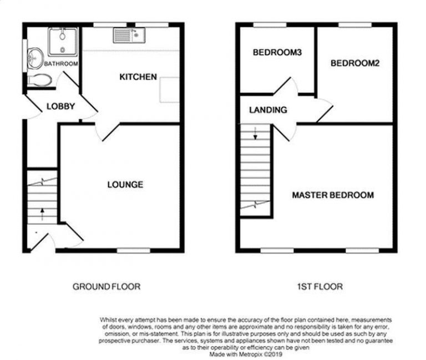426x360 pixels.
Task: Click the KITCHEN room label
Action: [x=138, y=77]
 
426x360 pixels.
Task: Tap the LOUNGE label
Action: [x=125, y=184]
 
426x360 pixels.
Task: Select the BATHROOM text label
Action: [x=61, y=64]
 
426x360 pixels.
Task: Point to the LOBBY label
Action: [x=60, y=106]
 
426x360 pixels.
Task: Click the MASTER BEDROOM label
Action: [x=333, y=195]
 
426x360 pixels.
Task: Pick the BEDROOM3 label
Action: [x=277, y=53]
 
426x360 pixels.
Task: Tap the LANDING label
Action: [x=268, y=110]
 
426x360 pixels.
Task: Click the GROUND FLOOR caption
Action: [x=106, y=286]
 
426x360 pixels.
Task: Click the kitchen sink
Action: [x=129, y=36]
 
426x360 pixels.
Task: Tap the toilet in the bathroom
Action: [x=40, y=80]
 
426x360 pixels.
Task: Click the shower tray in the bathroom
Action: [x=62, y=42]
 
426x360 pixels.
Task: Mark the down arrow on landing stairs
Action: [x=256, y=133]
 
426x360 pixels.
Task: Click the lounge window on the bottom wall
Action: [x=129, y=251]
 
